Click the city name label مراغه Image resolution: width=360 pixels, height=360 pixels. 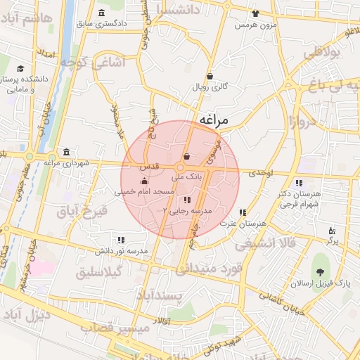(214, 120)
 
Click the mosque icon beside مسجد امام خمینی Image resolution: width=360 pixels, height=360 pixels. (144, 182)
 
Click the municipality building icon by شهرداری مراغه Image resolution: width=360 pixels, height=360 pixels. (66, 152)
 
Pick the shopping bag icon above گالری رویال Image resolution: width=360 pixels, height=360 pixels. (210, 76)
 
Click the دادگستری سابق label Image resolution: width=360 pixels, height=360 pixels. (103, 24)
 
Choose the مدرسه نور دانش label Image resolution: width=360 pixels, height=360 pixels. (122, 250)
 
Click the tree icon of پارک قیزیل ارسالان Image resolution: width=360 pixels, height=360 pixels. (322, 270)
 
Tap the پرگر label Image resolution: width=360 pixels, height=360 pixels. (332, 240)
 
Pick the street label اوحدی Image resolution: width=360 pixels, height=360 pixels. (261, 172)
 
